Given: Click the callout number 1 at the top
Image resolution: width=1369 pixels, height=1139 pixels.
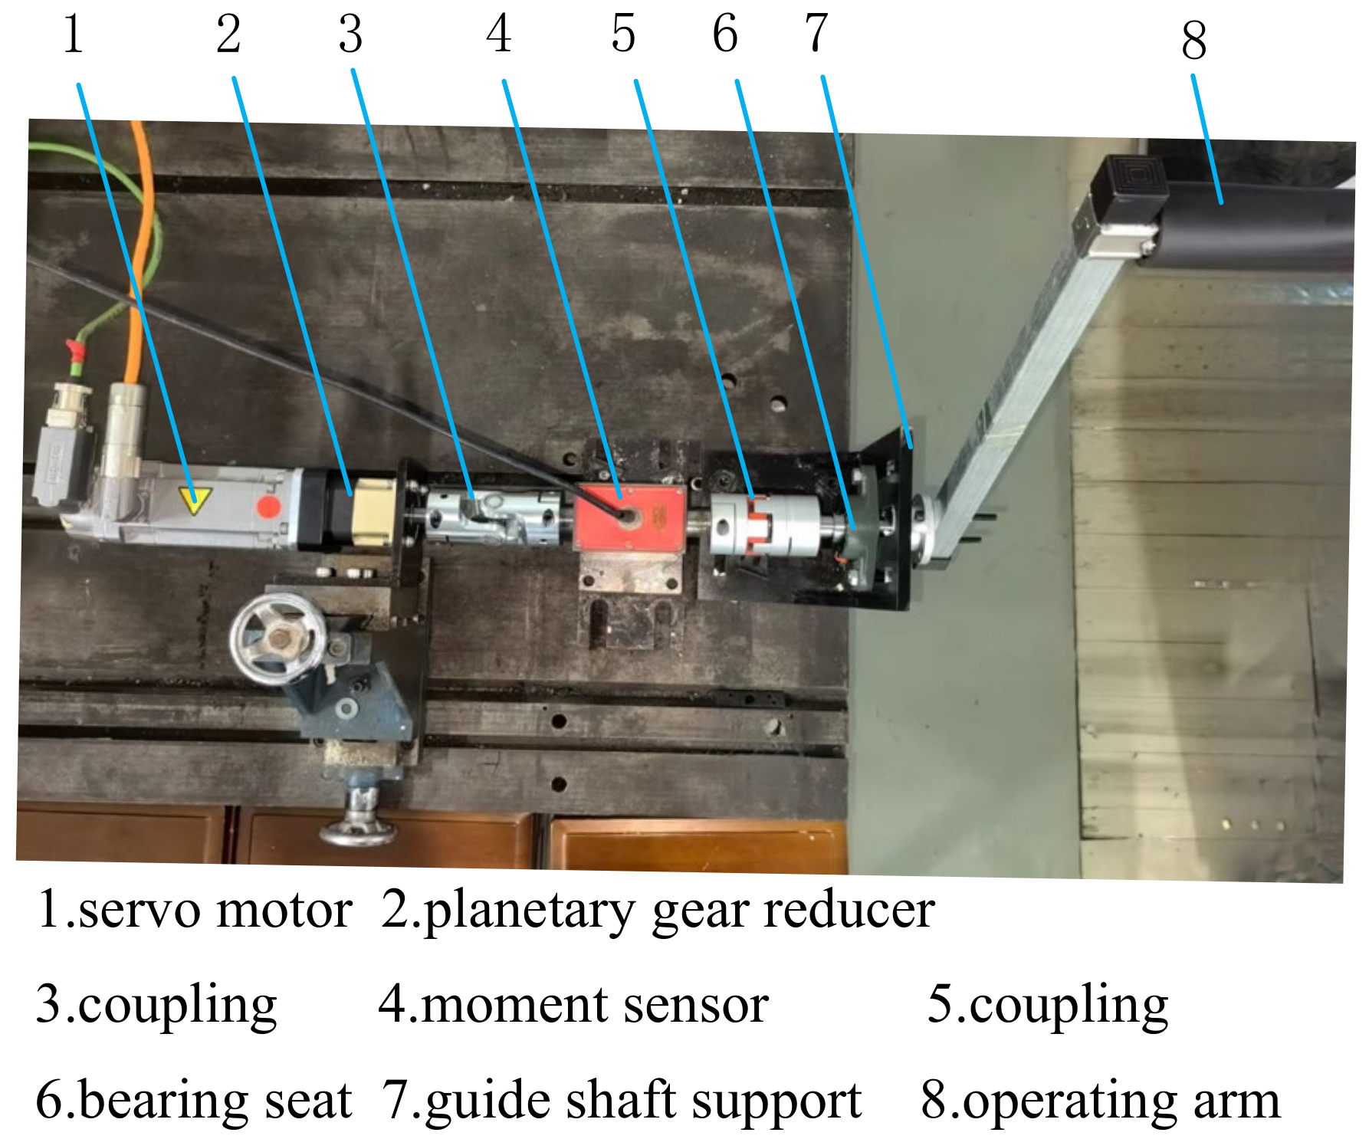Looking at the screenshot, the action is click(x=74, y=35).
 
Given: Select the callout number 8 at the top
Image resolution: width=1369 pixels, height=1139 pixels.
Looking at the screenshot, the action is click(x=1194, y=41).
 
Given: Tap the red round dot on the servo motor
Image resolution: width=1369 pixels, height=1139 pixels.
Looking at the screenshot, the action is click(x=268, y=507).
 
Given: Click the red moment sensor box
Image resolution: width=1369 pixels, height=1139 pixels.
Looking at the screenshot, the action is click(x=630, y=517).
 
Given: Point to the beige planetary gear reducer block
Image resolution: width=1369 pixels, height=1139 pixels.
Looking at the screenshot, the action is click(x=373, y=511).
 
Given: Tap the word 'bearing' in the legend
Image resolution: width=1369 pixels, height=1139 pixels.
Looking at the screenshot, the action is click(x=163, y=1101).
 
